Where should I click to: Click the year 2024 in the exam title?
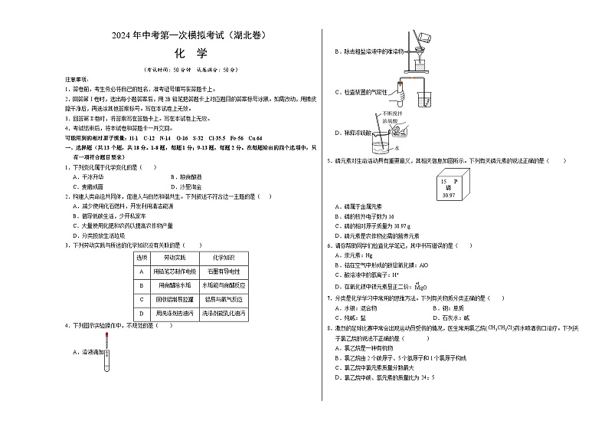click(x=123, y=35)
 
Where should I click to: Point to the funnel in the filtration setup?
click(x=420, y=54)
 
